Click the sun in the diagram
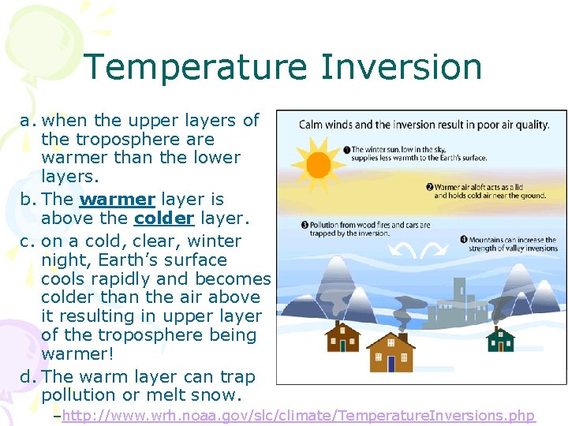[x=318, y=164]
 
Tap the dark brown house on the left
[x=342, y=338]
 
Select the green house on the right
[x=500, y=339]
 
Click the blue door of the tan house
[x=390, y=363]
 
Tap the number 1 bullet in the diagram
[x=346, y=149]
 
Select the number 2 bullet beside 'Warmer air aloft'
[x=429, y=187]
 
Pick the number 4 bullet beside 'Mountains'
[x=464, y=240]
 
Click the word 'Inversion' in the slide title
[x=402, y=67]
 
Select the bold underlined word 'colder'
[x=164, y=218]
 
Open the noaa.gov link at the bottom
[x=298, y=416]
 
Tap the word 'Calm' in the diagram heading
[x=313, y=125]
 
